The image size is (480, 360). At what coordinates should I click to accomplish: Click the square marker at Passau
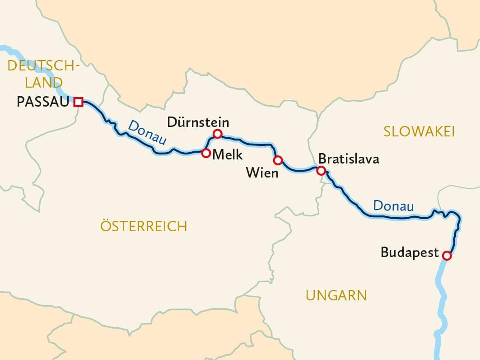pyautogui.click(x=79, y=102)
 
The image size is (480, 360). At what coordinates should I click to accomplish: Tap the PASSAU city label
pyautogui.click(x=43, y=102)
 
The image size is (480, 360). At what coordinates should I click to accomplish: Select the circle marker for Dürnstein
pyautogui.click(x=217, y=133)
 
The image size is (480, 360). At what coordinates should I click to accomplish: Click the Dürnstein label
pyautogui.click(x=198, y=122)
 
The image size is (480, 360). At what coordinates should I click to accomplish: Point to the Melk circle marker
pyautogui.click(x=205, y=153)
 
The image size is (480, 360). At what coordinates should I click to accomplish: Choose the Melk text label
pyautogui.click(x=228, y=155)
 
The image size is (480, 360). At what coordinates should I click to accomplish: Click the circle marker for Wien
pyautogui.click(x=278, y=160)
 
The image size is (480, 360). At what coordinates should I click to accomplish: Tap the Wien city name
pyautogui.click(x=262, y=173)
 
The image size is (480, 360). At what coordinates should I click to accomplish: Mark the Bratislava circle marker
pyautogui.click(x=321, y=170)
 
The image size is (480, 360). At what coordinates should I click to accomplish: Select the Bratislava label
pyautogui.click(x=349, y=159)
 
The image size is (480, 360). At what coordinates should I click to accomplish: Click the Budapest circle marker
pyautogui.click(x=447, y=256)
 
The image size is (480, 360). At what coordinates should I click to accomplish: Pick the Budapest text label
pyautogui.click(x=410, y=252)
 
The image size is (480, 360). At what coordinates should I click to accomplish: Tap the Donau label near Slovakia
pyautogui.click(x=393, y=206)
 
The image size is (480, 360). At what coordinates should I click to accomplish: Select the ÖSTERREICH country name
pyautogui.click(x=144, y=226)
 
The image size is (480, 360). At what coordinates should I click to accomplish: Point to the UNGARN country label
pyautogui.click(x=336, y=295)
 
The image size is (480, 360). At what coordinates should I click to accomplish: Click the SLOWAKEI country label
pyautogui.click(x=419, y=131)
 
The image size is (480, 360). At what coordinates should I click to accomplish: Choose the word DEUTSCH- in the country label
pyautogui.click(x=43, y=66)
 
